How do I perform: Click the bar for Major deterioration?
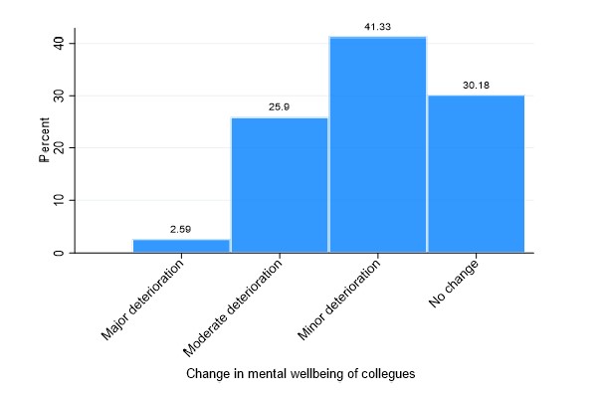[x=181, y=246]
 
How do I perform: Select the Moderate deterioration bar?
[x=280, y=185]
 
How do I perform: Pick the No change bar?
[x=476, y=173]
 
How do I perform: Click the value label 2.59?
[x=181, y=229]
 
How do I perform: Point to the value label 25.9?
[x=280, y=107]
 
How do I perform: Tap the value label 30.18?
[x=476, y=86]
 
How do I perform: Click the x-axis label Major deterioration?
[x=145, y=299]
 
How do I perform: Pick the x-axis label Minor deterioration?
[x=339, y=299]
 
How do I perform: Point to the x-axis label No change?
[x=454, y=285]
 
